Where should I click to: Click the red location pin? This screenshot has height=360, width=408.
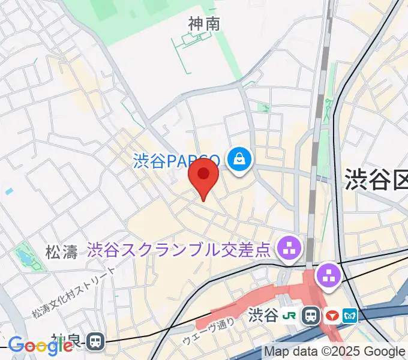[203, 175]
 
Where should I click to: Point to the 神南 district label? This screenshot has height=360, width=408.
[204, 24]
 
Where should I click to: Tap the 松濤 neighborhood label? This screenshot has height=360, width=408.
[62, 251]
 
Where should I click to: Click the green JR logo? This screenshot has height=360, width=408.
[290, 315]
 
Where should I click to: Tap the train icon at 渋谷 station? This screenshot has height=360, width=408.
[311, 315]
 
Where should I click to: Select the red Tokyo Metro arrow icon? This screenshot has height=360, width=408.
[331, 315]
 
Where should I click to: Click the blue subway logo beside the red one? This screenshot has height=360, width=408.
[350, 315]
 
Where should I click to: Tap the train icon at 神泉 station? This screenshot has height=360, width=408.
[95, 342]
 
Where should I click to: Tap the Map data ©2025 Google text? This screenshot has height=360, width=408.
[335, 352]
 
